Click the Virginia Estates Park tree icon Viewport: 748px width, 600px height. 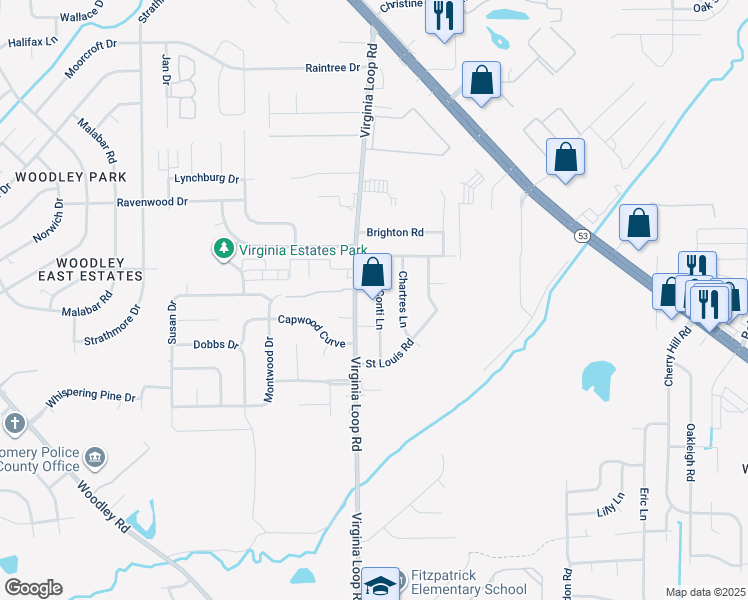[223, 248]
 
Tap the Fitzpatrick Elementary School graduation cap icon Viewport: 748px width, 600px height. [380, 583]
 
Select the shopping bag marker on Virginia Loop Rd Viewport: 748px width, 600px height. [372, 271]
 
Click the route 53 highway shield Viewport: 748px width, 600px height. [581, 236]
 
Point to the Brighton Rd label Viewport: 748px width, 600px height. [395, 232]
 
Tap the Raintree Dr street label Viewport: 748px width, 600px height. [332, 67]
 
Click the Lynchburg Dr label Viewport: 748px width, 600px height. [207, 179]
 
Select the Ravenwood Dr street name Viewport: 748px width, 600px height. [152, 201]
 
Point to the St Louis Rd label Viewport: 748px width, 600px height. [389, 356]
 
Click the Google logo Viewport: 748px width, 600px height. [32, 588]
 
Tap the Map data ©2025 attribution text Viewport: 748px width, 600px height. [705, 592]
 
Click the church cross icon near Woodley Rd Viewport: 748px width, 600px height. [14, 423]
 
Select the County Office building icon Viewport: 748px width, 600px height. [96, 459]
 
